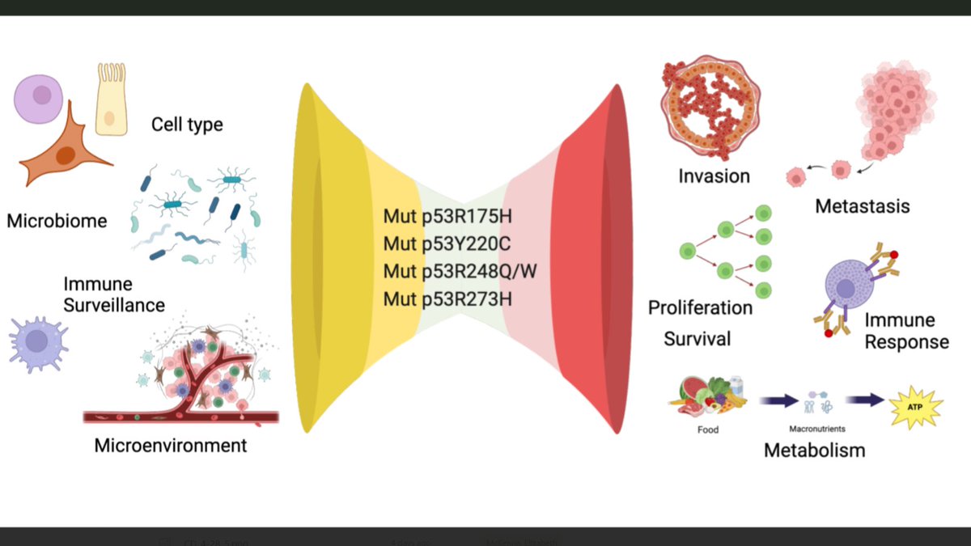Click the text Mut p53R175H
[x=449, y=218]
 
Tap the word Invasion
[x=714, y=176]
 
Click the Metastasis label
[x=862, y=206]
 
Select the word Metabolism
[x=814, y=450]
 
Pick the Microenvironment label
[x=171, y=445]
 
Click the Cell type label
[x=187, y=125]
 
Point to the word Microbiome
[x=57, y=220]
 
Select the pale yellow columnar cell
[x=111, y=99]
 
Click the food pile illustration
[x=706, y=396]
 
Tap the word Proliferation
[x=700, y=308]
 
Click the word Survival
[x=698, y=338]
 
